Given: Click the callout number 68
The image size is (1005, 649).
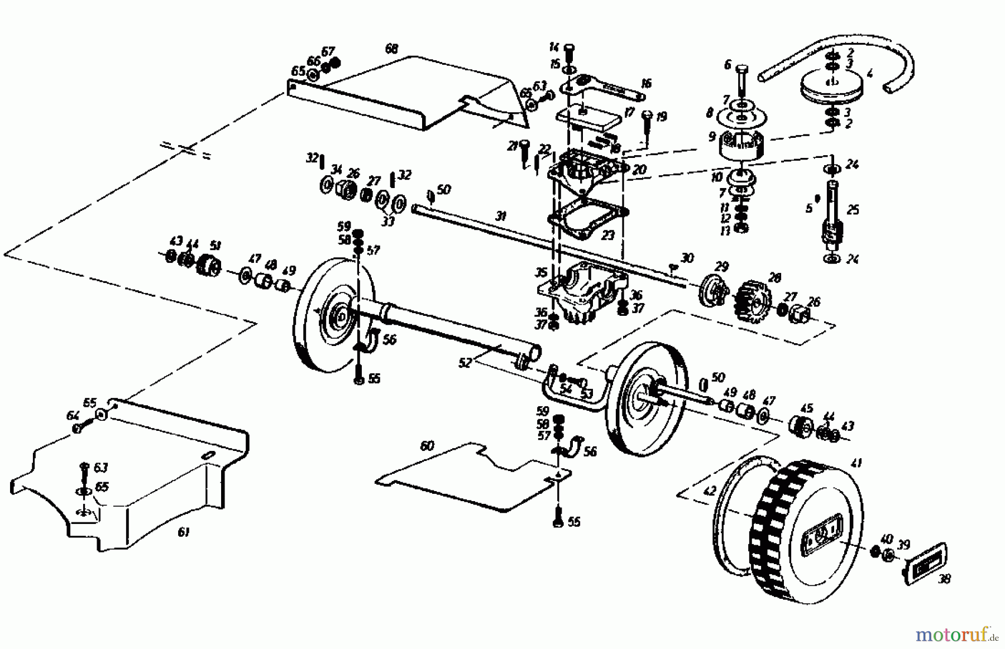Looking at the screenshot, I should click(x=391, y=49).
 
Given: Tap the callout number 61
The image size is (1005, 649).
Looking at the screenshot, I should click(x=183, y=532).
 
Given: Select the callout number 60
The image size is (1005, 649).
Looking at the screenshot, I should click(x=427, y=446).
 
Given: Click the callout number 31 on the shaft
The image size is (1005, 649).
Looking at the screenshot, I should click(x=500, y=215).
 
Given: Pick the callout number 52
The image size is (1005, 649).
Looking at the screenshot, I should click(x=465, y=363).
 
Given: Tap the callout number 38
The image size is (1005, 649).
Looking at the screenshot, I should click(x=944, y=579).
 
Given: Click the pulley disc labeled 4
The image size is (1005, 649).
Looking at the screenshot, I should click(x=832, y=88).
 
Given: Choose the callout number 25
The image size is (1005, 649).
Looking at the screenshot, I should click(x=853, y=210).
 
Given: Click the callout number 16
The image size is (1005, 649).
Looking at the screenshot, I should click(x=646, y=84).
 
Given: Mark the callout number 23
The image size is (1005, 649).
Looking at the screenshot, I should click(x=607, y=235).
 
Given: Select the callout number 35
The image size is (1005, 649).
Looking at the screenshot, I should click(x=540, y=273).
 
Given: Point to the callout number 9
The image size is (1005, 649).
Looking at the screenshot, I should click(x=711, y=136).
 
